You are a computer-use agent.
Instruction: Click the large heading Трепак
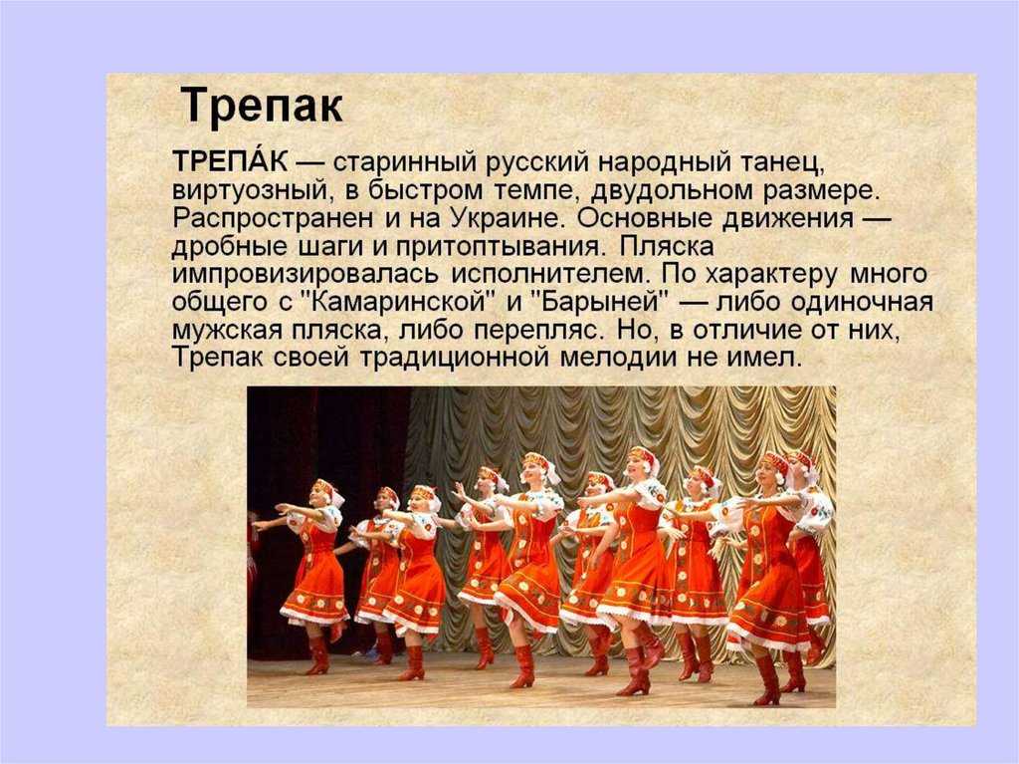click(x=262, y=105)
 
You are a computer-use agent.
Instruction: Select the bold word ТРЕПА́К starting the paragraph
click(x=230, y=160)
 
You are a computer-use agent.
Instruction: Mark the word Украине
click(x=505, y=218)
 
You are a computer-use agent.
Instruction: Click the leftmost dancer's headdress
click(x=324, y=489)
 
